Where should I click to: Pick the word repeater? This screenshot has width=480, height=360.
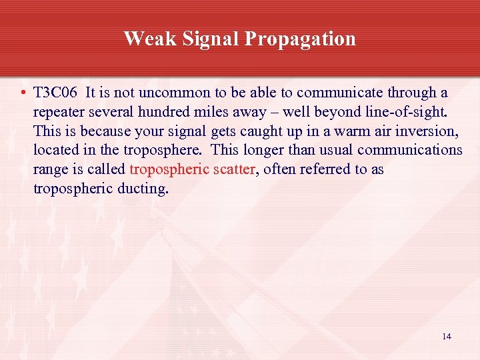point(59,112)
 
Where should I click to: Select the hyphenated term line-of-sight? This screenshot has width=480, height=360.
point(399,112)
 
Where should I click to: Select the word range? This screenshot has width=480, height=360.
point(51,170)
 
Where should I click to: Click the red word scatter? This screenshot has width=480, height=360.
point(233,170)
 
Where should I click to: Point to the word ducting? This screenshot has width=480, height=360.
point(143,189)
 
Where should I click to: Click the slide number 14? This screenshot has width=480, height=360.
point(446,337)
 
